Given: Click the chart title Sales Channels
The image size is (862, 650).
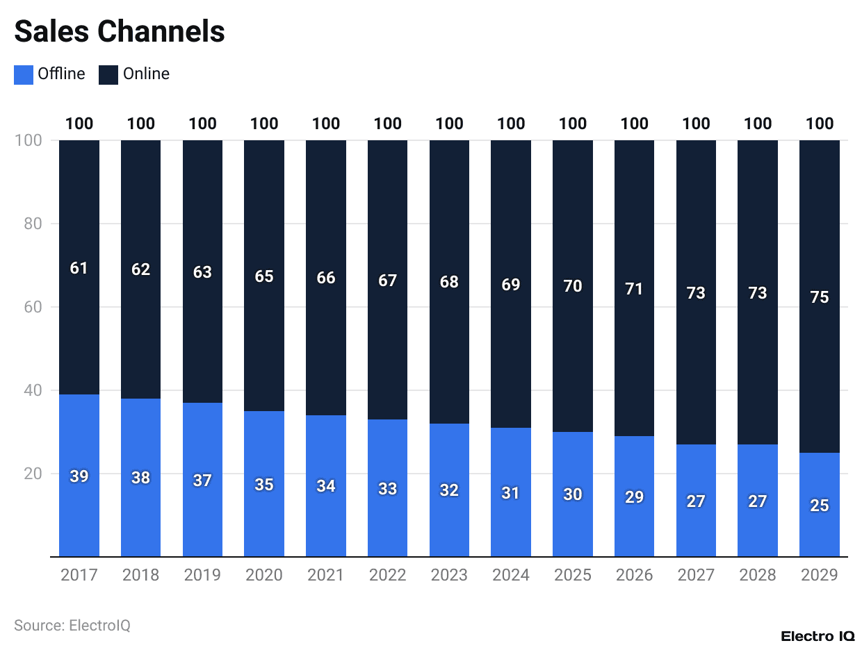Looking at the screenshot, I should [120, 32].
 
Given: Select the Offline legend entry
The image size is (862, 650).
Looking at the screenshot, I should [50, 74].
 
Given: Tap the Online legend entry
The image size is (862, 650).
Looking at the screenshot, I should [134, 74].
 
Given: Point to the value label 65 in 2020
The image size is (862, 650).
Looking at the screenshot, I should [264, 276].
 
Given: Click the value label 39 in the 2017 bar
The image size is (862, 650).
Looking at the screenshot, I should [79, 476].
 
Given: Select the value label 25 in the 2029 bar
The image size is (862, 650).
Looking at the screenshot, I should [819, 506].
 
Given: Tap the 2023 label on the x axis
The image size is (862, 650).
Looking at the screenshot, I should [449, 575].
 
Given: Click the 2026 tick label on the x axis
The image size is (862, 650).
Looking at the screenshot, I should [634, 575].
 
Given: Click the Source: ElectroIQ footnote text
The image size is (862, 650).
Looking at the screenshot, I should [72, 625].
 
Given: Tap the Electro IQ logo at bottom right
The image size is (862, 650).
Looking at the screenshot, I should [818, 636].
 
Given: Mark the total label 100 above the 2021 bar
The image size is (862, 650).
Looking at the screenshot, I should [326, 124].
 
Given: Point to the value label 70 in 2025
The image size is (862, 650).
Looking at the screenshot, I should [573, 285].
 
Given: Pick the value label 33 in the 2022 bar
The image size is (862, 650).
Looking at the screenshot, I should [387, 489].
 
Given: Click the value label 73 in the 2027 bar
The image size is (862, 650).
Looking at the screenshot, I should [696, 293].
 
